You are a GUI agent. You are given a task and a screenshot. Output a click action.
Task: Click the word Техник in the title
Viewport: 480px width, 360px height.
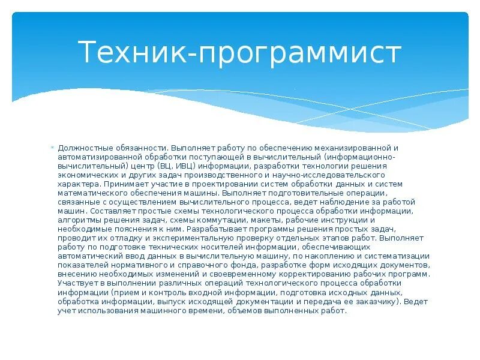131,53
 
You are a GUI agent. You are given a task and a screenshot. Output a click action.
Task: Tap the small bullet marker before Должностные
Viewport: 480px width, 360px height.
53,148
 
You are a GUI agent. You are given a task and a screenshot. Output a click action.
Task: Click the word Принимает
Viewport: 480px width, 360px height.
123,184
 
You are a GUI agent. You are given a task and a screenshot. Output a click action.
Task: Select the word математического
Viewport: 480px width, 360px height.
91,193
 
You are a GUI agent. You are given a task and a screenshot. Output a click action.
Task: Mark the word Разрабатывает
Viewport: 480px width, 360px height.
215,229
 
